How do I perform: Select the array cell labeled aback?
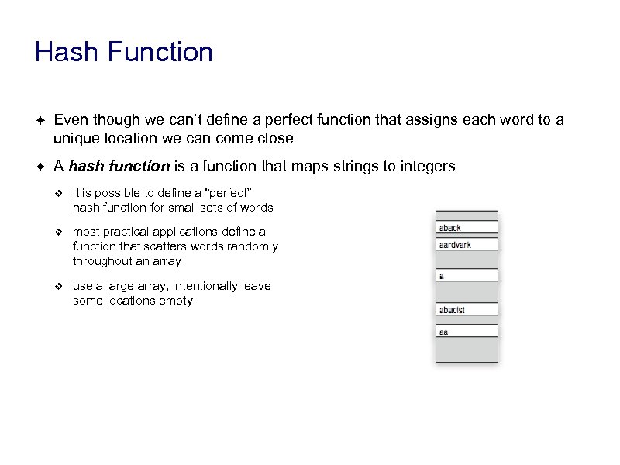[x=467, y=228]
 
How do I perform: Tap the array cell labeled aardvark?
[x=467, y=245]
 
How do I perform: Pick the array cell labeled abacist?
[x=467, y=310]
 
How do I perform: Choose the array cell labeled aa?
[x=467, y=332]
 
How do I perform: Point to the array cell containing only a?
[x=467, y=275]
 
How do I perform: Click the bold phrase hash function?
[x=119, y=167]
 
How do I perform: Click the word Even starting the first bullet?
[x=68, y=120]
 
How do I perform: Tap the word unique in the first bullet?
[x=73, y=139]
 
